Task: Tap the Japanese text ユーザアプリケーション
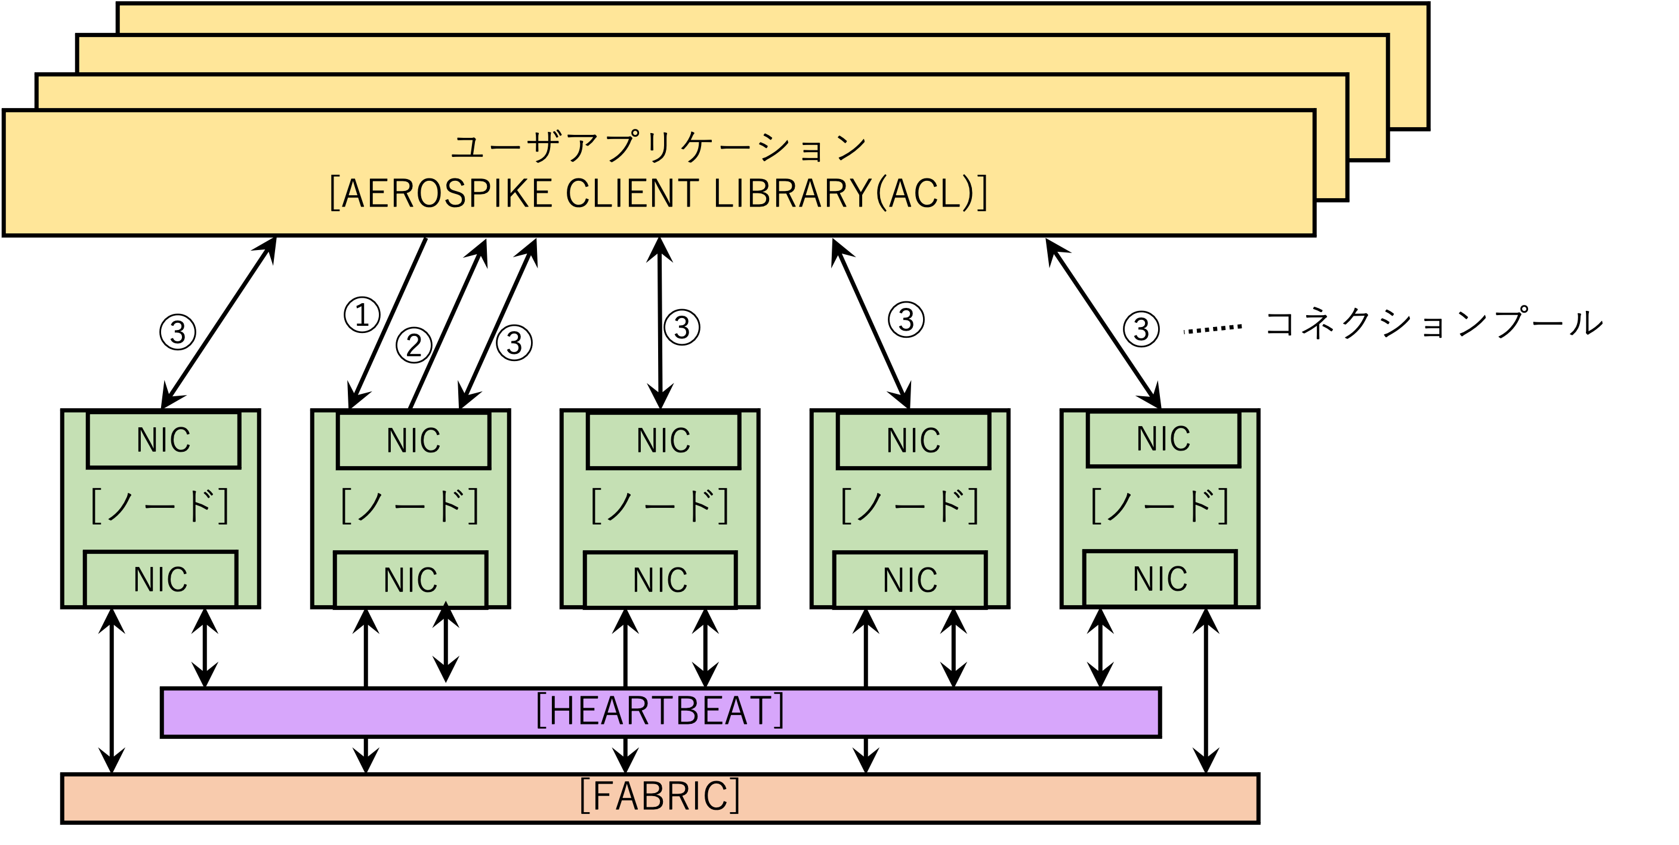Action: coord(658,147)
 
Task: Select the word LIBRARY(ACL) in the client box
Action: coord(851,193)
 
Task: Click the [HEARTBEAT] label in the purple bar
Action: coord(660,711)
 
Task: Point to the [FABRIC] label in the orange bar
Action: coord(660,797)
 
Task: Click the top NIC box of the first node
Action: coord(163,440)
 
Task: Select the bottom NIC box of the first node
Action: coord(161,579)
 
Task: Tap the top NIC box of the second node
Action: coord(413,440)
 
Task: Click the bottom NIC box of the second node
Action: coord(410,579)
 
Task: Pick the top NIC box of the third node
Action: coord(663,440)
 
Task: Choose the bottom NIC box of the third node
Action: coord(660,579)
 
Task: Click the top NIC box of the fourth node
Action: coord(913,440)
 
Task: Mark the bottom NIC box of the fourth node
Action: coord(910,579)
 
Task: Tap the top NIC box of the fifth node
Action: coord(1163,439)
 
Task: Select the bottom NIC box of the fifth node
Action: coord(1159,578)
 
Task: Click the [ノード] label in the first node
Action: coord(160,507)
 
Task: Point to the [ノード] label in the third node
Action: coord(660,507)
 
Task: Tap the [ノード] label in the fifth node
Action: coord(1159,507)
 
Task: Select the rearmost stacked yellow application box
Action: coord(782,18)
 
